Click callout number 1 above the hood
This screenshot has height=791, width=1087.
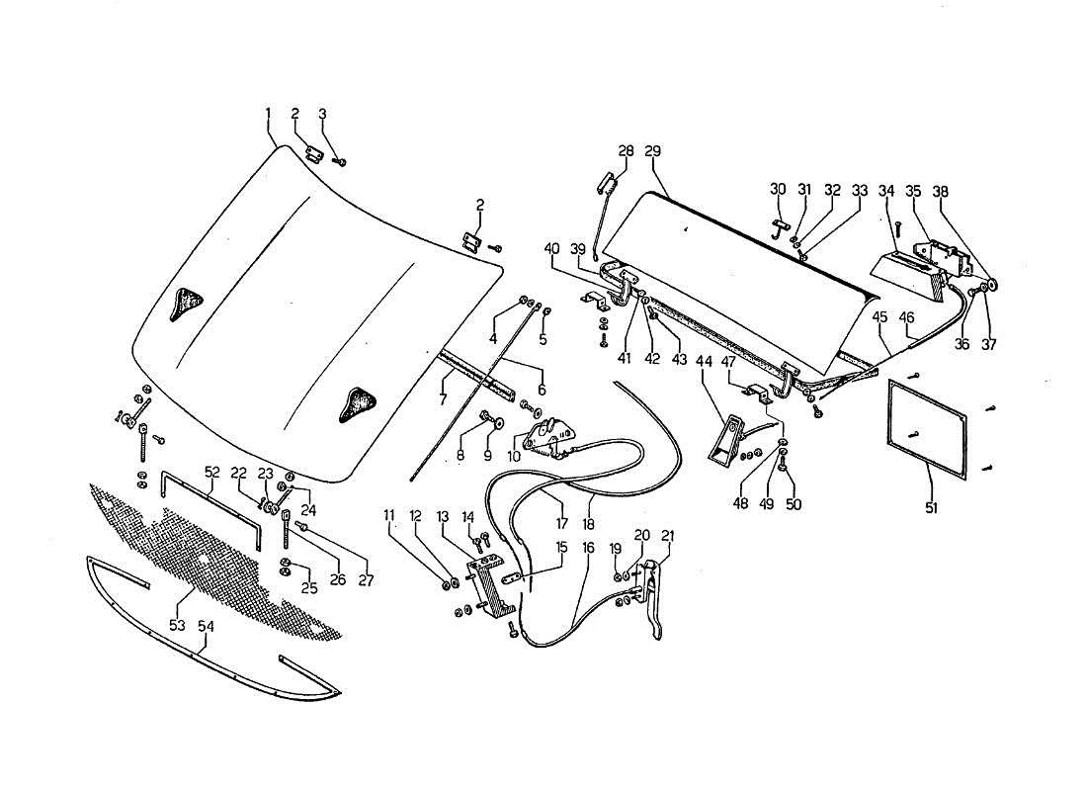[x=268, y=113]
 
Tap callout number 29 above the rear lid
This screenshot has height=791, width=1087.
[x=652, y=150]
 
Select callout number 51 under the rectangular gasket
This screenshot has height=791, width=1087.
[x=931, y=507]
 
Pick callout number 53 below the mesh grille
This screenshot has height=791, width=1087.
[x=178, y=625]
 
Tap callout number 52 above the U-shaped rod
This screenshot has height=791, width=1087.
[x=211, y=473]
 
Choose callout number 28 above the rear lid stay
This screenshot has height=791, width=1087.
[x=626, y=150]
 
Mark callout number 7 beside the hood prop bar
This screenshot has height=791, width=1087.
[x=442, y=399]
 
